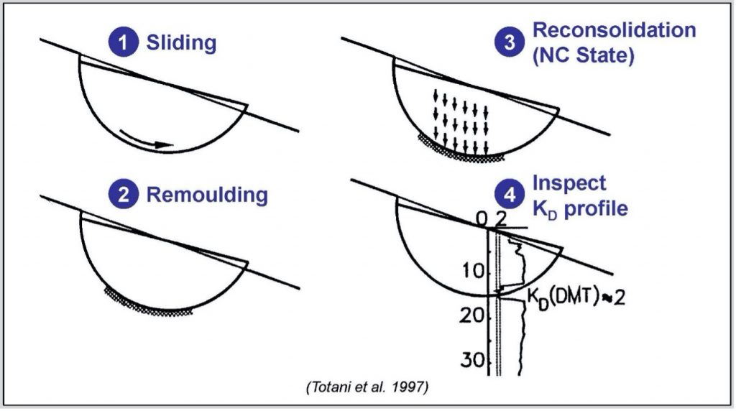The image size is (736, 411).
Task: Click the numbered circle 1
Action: [126, 43]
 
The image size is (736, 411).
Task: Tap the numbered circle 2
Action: [126, 195]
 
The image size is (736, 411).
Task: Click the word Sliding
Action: [181, 43]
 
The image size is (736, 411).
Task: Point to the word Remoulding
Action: [207, 195]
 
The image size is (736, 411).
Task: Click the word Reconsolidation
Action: [614, 31]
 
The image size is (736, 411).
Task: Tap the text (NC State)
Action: [584, 57]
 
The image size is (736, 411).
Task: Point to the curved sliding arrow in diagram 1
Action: [147, 139]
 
